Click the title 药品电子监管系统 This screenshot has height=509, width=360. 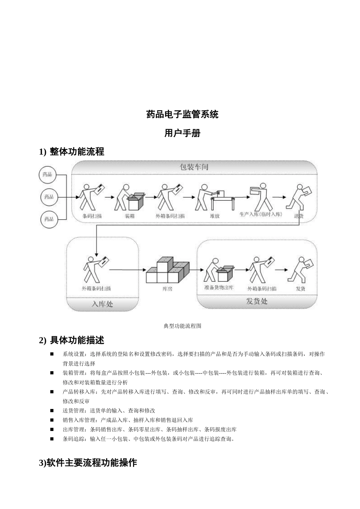point(182,114)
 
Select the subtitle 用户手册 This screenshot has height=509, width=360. point(182,133)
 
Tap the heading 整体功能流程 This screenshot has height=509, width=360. point(77,152)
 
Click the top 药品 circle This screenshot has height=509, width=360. point(48,175)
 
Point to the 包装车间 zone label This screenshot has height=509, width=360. point(194,167)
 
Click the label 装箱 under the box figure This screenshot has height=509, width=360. point(130,216)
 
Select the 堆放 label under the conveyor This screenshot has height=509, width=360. point(214,216)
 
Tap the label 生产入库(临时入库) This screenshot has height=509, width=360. point(261,214)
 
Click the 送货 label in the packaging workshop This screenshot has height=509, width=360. point(299,216)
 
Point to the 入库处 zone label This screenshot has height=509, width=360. point(102,304)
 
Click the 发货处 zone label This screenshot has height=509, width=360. point(257,301)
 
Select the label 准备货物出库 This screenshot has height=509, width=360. point(219,288)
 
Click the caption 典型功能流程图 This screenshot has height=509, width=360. point(182,326)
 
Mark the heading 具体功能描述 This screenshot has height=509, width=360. point(77,340)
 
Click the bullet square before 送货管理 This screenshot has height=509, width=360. point(52,411)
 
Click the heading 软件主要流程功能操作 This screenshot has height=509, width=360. point(88,463)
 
